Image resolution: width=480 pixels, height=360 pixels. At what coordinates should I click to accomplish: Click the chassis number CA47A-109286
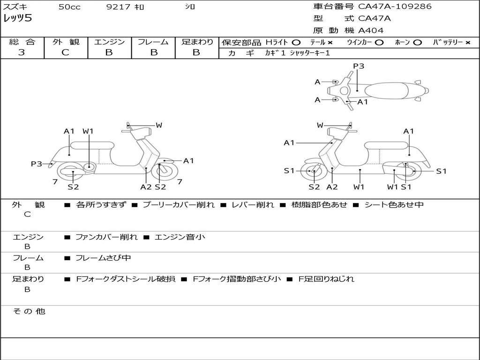[x=395, y=7]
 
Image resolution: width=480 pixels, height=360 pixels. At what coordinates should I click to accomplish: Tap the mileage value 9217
[x=118, y=7]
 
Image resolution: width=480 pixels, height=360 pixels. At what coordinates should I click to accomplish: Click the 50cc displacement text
[x=69, y=7]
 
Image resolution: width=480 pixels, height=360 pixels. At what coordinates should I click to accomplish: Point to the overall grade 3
[x=22, y=52]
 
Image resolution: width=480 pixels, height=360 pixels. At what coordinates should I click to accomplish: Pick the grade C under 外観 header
[x=65, y=52]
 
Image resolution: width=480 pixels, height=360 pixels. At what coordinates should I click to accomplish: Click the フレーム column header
[x=153, y=42]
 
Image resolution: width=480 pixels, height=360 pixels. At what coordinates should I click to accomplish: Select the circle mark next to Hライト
[x=296, y=43]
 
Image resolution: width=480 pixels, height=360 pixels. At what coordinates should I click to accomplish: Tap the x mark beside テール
[x=330, y=43]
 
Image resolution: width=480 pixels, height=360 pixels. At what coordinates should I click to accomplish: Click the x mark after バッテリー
[x=468, y=43]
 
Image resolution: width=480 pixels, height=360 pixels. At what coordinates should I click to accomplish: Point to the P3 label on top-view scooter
[x=359, y=66]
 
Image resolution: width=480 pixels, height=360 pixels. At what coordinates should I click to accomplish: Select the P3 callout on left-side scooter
[x=37, y=164]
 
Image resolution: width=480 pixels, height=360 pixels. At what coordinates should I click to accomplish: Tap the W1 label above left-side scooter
[x=88, y=131]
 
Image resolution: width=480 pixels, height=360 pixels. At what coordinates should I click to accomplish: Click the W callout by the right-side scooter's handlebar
[x=320, y=125]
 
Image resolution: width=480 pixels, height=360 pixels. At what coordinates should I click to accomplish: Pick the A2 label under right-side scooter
[x=332, y=187]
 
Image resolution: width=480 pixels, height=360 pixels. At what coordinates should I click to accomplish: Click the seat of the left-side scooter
[x=92, y=145]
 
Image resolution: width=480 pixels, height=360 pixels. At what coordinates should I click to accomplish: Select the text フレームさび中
[x=103, y=258]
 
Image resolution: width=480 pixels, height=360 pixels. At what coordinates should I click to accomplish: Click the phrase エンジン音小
[x=180, y=237]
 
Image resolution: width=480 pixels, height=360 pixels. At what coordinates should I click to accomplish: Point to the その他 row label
[x=29, y=311]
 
